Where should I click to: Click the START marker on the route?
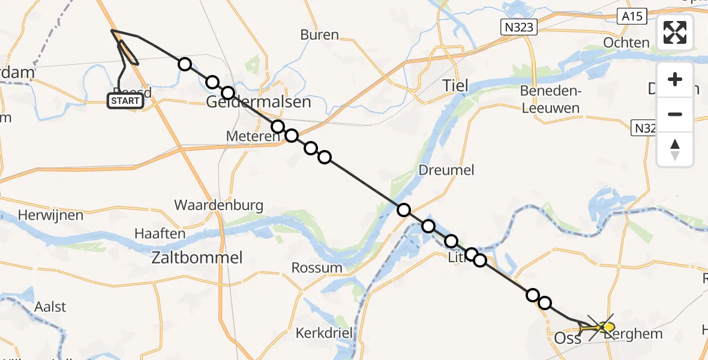(x=125, y=101)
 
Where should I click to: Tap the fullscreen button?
(x=675, y=32)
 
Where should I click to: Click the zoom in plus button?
(x=675, y=79)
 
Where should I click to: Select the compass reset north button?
(x=675, y=149)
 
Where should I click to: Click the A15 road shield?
(x=632, y=17)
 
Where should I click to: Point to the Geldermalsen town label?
(x=259, y=102)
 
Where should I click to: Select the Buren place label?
(x=319, y=35)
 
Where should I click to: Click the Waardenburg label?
(x=218, y=205)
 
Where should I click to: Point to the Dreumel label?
(x=447, y=170)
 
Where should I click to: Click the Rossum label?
(x=317, y=268)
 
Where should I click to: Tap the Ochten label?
(x=626, y=43)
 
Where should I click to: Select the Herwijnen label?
(x=45, y=214)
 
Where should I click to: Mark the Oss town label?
(x=567, y=338)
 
